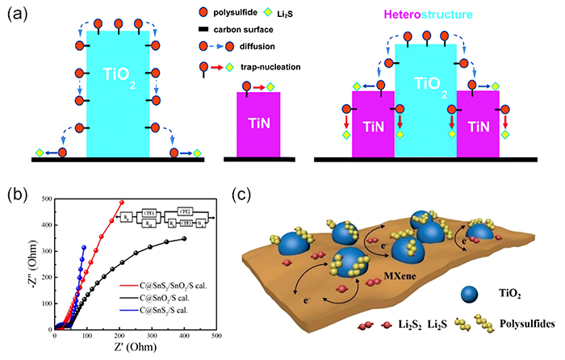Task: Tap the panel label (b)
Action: coord(16,195)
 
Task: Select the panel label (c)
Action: coord(243,195)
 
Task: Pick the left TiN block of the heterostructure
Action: coord(372,126)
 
